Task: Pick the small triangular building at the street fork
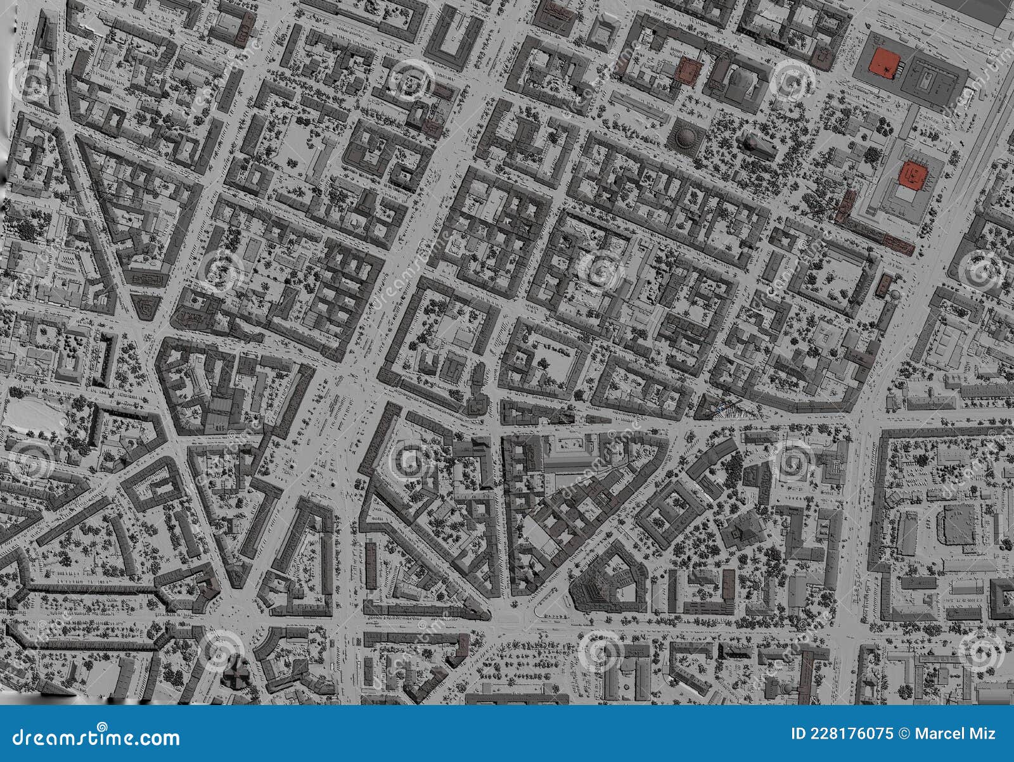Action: point(146,307)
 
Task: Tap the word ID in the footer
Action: point(799,733)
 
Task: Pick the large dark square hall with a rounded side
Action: point(958,524)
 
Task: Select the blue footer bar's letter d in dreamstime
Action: point(18,737)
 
